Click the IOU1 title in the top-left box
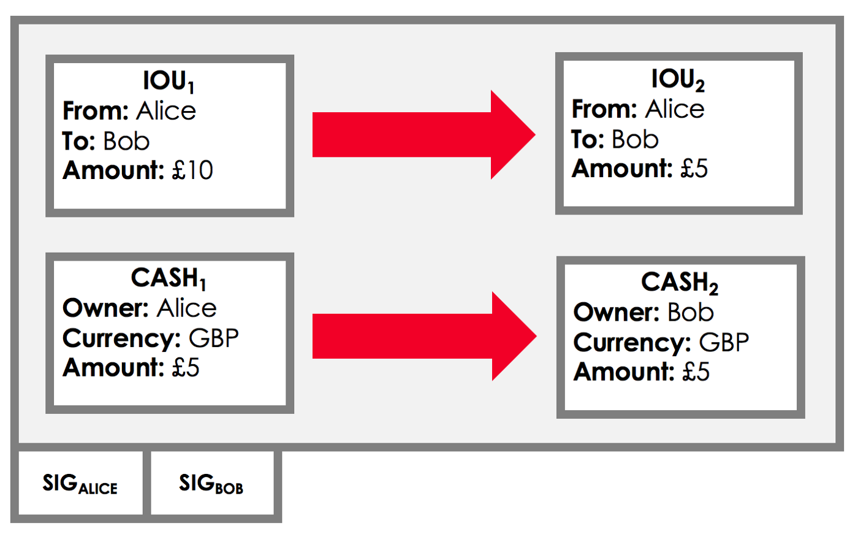click(x=169, y=82)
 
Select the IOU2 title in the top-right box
click(x=677, y=80)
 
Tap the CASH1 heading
click(x=169, y=279)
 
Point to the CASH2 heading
click(x=679, y=283)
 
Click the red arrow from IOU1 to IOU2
click(x=423, y=135)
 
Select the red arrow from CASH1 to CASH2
click(x=423, y=336)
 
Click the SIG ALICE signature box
click(x=80, y=484)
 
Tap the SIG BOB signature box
click(x=211, y=484)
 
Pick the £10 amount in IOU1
click(x=192, y=170)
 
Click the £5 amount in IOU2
click(x=694, y=169)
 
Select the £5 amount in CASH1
click(x=186, y=368)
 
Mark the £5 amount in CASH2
click(x=696, y=372)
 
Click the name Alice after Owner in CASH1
click(x=186, y=308)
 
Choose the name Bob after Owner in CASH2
click(x=690, y=313)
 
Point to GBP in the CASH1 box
click(x=213, y=338)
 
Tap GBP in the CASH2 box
click(x=724, y=343)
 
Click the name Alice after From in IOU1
click(x=166, y=111)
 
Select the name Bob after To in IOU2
click(x=635, y=140)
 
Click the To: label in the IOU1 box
click(x=78, y=141)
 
